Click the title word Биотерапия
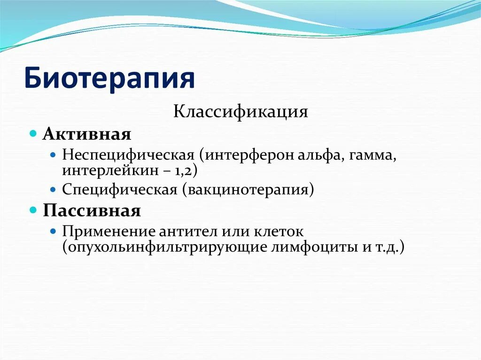click(109, 78)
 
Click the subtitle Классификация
click(240, 112)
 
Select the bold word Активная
click(87, 134)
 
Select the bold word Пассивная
click(92, 210)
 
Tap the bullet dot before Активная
click(33, 134)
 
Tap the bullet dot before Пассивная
click(33, 210)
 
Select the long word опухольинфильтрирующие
click(166, 247)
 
